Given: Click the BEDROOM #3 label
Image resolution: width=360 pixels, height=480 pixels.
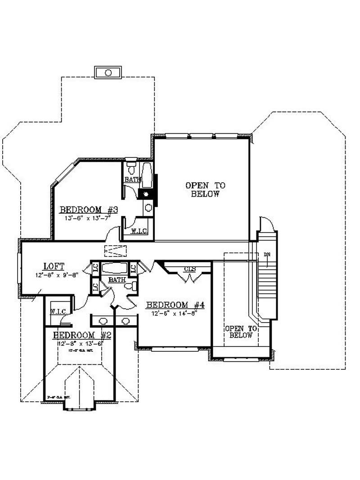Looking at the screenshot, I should [89, 210].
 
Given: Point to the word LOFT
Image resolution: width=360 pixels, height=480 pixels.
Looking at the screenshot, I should [54, 266].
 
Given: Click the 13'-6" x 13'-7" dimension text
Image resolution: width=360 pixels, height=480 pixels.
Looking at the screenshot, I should [88, 218].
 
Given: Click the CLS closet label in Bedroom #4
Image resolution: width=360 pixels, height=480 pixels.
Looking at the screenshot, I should [189, 270].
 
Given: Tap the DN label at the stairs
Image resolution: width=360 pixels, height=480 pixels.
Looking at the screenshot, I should [267, 255].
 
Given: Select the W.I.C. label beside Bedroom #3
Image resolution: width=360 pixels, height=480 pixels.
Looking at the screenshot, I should [138, 232].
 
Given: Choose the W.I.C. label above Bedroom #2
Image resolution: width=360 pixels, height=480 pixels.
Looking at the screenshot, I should [58, 311].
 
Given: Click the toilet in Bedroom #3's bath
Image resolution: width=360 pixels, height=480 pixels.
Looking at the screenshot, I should [131, 169].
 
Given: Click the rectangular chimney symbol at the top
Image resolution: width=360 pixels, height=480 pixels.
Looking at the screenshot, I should [108, 72].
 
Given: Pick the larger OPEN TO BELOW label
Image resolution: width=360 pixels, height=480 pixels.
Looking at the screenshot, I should [205, 190].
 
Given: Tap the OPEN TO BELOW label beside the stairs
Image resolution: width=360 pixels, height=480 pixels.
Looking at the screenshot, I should [241, 332].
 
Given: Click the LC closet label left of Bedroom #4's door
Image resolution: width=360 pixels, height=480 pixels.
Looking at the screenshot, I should [133, 268].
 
